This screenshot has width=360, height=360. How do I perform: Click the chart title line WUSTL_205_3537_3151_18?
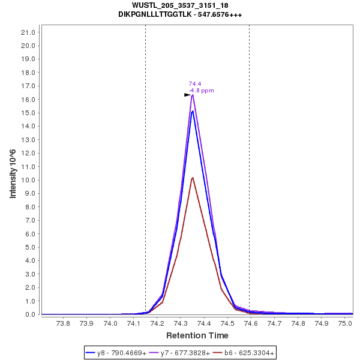(180, 5)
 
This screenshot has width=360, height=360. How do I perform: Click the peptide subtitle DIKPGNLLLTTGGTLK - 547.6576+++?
(180, 14)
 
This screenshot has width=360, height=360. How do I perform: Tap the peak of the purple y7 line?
(193, 95)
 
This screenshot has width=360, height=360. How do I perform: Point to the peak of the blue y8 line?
(193, 111)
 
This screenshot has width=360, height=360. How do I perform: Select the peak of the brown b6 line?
(193, 178)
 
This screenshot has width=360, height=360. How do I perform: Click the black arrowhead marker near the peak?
(187, 95)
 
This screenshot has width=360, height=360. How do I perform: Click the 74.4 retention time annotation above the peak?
(195, 84)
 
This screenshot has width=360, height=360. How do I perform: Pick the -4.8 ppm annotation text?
(201, 91)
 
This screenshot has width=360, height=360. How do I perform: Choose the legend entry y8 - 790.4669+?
(117, 353)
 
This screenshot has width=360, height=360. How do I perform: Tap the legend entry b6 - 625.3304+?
(244, 353)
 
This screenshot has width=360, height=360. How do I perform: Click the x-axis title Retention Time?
(197, 335)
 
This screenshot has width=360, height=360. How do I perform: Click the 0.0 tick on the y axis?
(32, 314)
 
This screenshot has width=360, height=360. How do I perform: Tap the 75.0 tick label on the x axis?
(345, 323)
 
